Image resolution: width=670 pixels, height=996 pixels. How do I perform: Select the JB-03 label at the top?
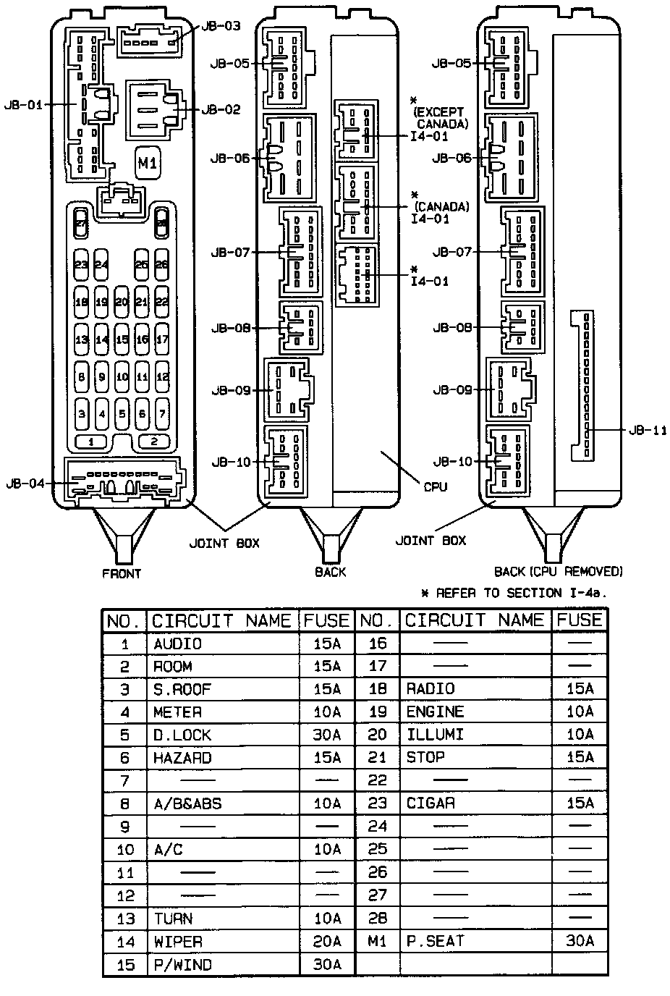[220, 26]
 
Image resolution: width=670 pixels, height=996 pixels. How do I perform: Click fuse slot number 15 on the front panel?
[122, 339]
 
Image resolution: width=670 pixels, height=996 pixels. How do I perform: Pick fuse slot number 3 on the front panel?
[82, 415]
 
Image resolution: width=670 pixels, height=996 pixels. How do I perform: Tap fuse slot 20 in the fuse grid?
[122, 302]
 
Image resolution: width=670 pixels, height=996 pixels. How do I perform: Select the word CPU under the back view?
[435, 486]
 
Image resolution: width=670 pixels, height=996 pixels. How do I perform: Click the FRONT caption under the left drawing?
[122, 574]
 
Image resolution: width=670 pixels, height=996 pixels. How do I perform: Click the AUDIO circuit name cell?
[178, 643]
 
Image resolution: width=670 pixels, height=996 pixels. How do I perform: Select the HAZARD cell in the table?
[182, 758]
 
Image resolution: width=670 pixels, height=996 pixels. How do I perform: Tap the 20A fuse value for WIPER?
[327, 941]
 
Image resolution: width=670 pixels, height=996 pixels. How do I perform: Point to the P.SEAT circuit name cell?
[435, 941]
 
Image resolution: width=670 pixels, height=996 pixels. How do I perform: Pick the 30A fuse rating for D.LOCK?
[327, 735]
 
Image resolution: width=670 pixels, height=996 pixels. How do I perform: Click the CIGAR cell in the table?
[431, 803]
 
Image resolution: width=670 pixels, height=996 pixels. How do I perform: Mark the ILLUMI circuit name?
[435, 735]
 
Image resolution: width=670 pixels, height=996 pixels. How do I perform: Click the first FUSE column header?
[326, 621]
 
